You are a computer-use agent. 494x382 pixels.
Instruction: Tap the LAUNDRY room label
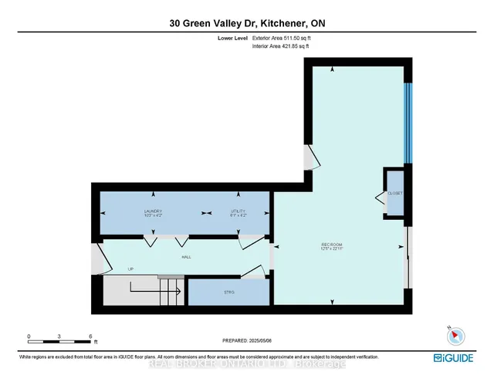pyautogui.click(x=152, y=211)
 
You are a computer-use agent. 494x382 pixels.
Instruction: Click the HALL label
pyautogui.click(x=186, y=257)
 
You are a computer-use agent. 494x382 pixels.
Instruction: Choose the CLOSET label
pyautogui.click(x=395, y=193)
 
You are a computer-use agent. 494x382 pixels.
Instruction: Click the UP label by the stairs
pyautogui.click(x=131, y=269)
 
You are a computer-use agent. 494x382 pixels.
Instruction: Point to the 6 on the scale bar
pyautogui.click(x=90, y=337)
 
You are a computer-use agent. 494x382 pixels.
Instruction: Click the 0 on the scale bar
pyautogui.click(x=29, y=337)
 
